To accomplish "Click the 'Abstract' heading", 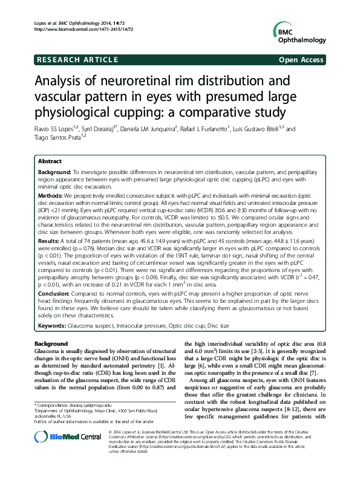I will click(50, 161).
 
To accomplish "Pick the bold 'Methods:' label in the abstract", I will click(50, 195).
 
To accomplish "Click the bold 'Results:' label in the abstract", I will click(49, 240).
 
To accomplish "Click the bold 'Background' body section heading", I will click(51, 343).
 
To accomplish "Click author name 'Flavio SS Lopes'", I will click(60, 129).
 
